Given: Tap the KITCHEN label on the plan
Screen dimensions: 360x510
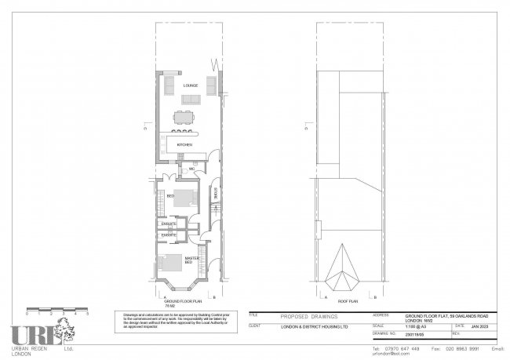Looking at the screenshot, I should click(x=184, y=145).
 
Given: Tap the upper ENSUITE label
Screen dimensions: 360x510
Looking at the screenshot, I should click(x=167, y=224).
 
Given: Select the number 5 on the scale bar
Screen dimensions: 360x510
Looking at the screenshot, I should click(x=88, y=314).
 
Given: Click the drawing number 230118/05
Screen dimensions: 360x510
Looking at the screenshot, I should click(x=410, y=333).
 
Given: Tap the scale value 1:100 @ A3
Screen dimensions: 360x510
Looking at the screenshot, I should click(x=409, y=325).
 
